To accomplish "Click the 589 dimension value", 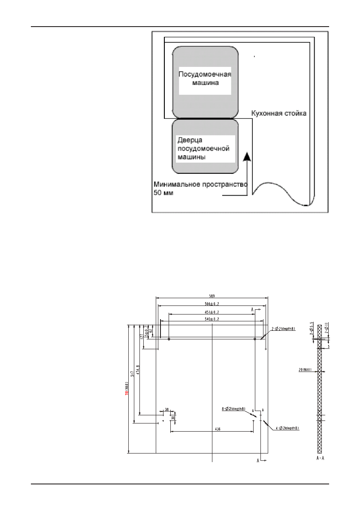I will [212, 296].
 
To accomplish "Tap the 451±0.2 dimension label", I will [212, 312].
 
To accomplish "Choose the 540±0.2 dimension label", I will [212, 319].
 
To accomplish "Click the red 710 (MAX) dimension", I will [127, 389].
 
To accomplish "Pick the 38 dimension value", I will [166, 409].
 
